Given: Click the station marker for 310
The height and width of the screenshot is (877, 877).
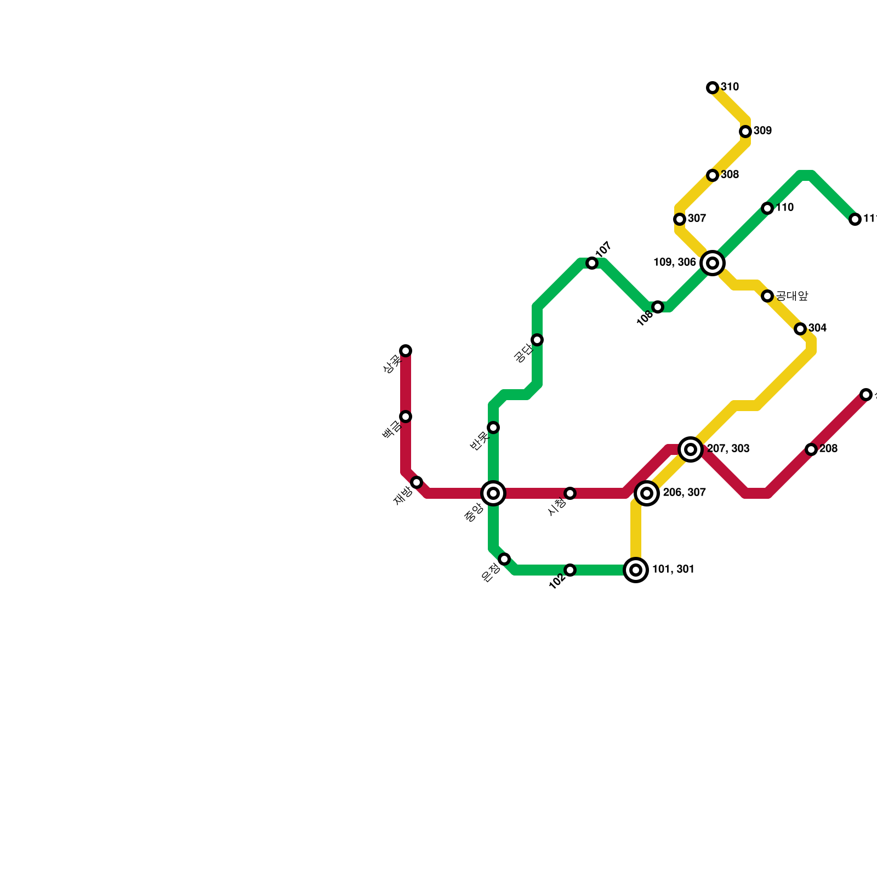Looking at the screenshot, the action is click(x=713, y=88).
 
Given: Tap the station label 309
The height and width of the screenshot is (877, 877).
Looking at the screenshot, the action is click(x=762, y=131).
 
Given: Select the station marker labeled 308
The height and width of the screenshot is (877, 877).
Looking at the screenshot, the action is click(x=713, y=175).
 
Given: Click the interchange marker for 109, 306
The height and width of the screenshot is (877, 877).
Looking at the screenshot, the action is click(x=713, y=263).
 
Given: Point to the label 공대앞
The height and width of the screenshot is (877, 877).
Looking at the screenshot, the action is click(x=792, y=296).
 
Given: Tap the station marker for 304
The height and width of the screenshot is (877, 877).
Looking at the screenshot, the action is click(x=800, y=329).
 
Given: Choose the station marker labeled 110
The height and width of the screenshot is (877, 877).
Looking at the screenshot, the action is click(x=767, y=208).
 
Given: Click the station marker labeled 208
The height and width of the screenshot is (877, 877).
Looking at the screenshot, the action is click(x=812, y=449).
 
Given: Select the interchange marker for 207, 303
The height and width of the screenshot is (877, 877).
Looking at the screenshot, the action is click(x=691, y=449).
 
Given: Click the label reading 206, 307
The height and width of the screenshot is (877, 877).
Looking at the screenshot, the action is click(x=684, y=493).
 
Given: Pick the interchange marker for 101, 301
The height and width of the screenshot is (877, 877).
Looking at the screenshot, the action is click(x=636, y=570).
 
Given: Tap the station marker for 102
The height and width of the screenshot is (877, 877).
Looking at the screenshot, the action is click(x=570, y=570).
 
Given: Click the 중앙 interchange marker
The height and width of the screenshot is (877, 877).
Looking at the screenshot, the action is click(x=493, y=493).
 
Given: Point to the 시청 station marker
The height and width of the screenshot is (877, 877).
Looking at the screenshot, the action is click(x=570, y=493).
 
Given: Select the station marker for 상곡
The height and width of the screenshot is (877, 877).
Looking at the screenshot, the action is click(x=406, y=351).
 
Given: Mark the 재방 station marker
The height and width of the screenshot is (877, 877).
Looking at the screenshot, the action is click(x=417, y=482).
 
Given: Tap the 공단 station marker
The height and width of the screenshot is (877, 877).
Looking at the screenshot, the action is click(x=537, y=340).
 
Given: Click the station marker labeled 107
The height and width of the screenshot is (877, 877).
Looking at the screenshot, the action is click(x=592, y=263).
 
